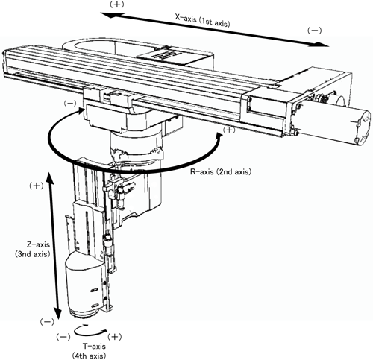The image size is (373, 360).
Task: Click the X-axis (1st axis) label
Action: click(x=202, y=21)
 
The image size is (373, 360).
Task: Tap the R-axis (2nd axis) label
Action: click(x=221, y=171)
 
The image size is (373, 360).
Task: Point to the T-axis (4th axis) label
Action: click(x=89, y=351)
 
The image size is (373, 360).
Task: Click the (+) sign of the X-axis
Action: click(x=116, y=4)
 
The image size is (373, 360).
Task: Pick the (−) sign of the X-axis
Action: click(x=315, y=31)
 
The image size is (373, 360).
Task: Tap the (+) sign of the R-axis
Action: click(x=228, y=130)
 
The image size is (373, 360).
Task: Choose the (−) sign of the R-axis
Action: click(x=70, y=104)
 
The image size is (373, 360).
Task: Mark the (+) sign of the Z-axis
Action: click(x=37, y=186)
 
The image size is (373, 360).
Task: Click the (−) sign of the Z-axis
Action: click(x=47, y=322)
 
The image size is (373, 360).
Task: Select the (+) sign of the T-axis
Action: click(x=114, y=337)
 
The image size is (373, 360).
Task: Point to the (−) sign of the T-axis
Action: click(x=63, y=337)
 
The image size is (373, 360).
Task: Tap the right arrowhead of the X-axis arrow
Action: click(x=322, y=45)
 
